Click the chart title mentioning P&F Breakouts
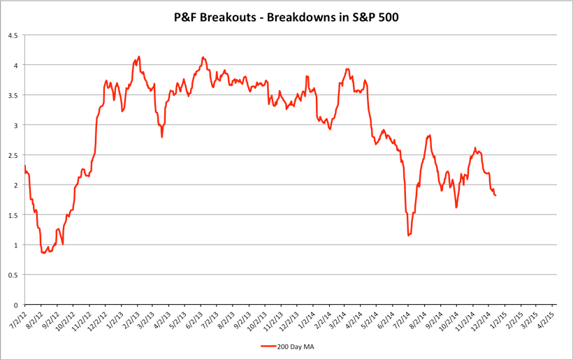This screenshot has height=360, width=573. coord(286,15)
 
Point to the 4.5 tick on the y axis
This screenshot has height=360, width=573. coord(13,35)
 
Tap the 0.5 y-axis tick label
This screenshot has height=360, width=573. coord(13,275)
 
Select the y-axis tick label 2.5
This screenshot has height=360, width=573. coord(13,155)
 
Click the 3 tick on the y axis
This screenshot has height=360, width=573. coord(16,125)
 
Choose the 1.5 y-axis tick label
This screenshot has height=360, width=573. coord(13,215)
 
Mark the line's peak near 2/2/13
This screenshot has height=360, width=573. coord(139,57)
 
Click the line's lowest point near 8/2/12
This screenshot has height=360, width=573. coord(43,253)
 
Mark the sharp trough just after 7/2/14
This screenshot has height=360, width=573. coord(408,236)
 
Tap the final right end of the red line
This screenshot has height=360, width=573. coord(495,196)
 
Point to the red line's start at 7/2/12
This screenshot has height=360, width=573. coord(24,166)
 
